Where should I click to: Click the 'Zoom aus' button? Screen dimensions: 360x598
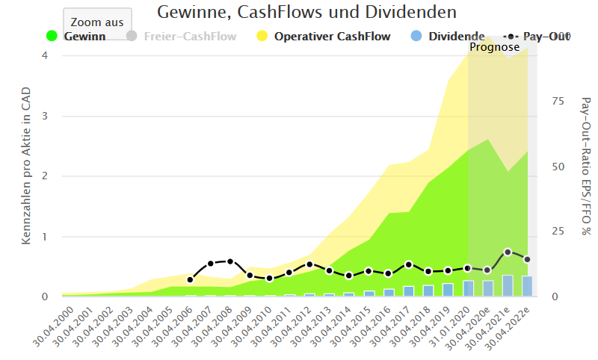(x=97, y=22)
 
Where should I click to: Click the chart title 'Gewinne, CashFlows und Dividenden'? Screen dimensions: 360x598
(x=306, y=12)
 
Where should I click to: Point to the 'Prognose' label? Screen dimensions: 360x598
(x=494, y=47)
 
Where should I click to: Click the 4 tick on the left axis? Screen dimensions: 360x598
(x=45, y=55)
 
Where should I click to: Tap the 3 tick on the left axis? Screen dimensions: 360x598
(x=45, y=116)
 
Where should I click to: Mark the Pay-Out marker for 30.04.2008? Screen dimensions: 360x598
(x=229, y=261)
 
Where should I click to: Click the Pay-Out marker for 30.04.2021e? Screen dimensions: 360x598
(x=508, y=252)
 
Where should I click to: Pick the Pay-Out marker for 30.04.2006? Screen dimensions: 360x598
(x=190, y=279)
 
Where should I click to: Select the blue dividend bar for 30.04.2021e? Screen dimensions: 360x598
(x=508, y=285)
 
